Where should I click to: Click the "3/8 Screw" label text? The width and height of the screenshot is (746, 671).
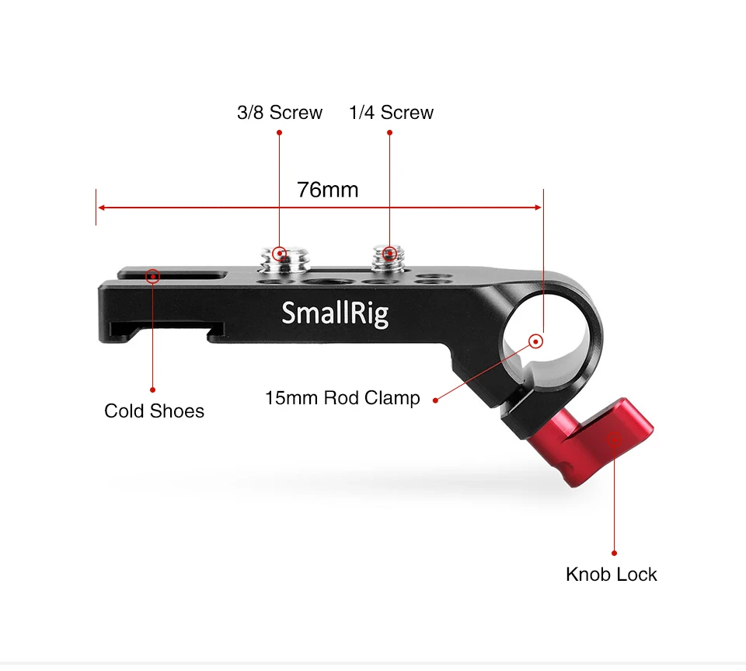coord(280,112)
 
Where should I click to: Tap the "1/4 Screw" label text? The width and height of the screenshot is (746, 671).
coord(391,112)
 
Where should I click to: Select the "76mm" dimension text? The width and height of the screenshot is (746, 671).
coord(328,190)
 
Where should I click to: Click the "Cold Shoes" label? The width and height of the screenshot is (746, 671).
coord(154,411)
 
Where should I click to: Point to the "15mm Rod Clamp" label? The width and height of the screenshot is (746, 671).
coord(343,398)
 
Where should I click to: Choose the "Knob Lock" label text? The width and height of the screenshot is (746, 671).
coord(612,575)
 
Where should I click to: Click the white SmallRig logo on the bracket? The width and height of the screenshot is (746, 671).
coord(335,313)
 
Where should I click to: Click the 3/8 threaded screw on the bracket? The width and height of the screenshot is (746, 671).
coord(284,260)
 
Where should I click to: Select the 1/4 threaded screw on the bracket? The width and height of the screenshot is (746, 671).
coord(389,258)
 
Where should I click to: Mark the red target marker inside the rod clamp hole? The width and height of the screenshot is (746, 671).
coord(536,341)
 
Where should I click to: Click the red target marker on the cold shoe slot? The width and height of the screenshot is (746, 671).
coord(153,277)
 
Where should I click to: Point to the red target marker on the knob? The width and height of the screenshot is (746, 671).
coord(614,439)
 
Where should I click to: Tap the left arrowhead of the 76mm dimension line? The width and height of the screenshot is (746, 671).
coord(101,208)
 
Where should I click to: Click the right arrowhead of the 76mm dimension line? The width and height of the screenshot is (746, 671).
coord(538,208)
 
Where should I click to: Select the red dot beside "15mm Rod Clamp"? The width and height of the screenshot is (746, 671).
coord(435,400)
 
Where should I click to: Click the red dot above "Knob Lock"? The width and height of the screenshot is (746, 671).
coord(614,553)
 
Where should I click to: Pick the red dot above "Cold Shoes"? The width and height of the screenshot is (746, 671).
coord(153,390)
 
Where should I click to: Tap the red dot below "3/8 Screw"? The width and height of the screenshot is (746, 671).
coord(279,132)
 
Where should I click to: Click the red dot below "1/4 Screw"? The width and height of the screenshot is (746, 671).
coord(389,132)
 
